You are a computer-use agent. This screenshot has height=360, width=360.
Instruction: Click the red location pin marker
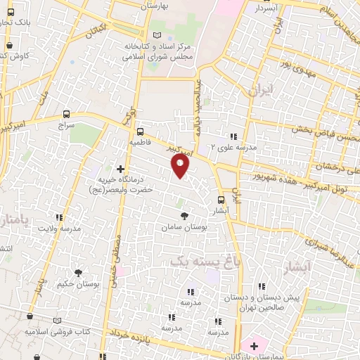tap(181, 166)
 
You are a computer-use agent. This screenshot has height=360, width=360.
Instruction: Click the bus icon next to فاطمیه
tap(140, 131)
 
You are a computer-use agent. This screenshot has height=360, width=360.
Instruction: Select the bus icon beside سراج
tap(67, 113)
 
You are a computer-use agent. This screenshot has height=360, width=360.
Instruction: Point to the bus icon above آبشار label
tap(221, 199)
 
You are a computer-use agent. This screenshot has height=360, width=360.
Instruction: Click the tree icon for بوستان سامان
tap(185, 216)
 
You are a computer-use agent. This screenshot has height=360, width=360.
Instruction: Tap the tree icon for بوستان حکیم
tap(78, 273)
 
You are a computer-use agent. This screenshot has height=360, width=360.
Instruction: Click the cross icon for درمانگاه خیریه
tap(120, 169)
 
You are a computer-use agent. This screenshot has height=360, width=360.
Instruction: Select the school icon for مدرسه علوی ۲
tap(233, 136)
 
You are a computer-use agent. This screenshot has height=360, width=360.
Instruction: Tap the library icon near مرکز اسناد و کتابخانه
tap(156, 35)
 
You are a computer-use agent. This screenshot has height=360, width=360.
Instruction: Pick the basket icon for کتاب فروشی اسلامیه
tap(30, 319)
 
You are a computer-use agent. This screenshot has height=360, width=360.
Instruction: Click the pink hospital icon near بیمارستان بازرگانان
tap(251, 346)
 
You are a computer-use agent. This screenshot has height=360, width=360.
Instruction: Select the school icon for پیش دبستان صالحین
tap(262, 286)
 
